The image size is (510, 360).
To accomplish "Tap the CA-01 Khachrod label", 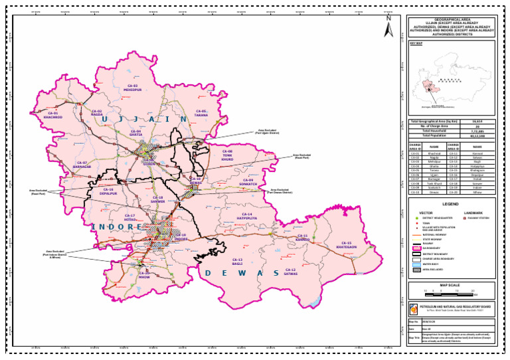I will [53, 115].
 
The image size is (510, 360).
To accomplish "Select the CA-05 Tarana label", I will [201, 112].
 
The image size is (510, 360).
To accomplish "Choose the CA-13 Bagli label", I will [237, 262].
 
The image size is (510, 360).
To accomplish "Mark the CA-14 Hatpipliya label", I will [246, 216].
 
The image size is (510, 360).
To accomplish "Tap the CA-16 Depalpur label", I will [108, 191].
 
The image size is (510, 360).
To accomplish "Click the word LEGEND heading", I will [451, 204].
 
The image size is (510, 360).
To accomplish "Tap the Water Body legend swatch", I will [418, 264].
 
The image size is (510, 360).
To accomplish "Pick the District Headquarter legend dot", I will [417, 217].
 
